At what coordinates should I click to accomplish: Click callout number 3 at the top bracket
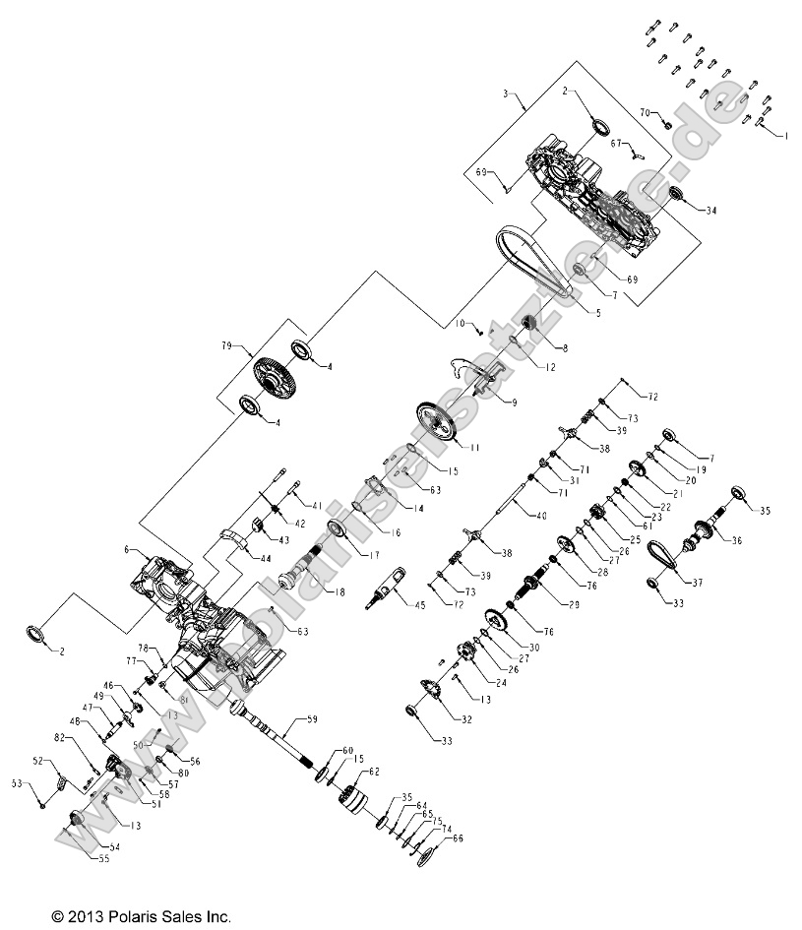click(505, 94)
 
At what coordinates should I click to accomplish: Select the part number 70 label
click(645, 114)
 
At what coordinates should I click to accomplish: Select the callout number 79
click(227, 346)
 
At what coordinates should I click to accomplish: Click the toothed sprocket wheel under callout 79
click(278, 378)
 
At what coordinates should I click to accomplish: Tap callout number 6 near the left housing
click(127, 550)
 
